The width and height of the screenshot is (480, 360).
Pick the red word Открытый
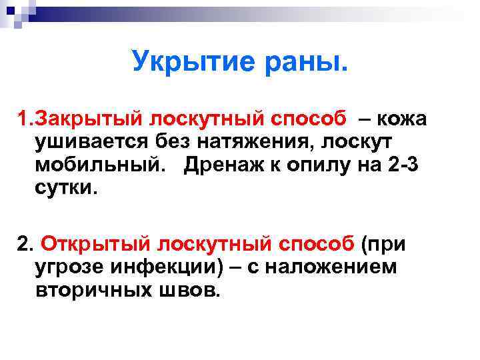coord(84,245)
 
